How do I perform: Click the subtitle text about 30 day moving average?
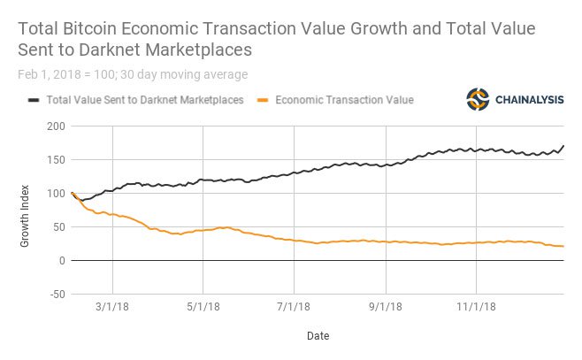pos(132,74)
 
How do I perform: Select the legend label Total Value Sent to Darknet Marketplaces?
pos(145,100)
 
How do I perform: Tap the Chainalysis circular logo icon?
pos(479,99)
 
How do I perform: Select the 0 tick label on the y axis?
pos(60,261)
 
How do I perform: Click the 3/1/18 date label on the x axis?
pos(112,307)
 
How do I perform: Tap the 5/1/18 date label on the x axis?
pos(203,307)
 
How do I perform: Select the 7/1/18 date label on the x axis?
pos(294,307)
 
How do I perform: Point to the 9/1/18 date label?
pos(385,307)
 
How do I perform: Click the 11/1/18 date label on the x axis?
pos(476,307)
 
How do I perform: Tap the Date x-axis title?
pos(318,336)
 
